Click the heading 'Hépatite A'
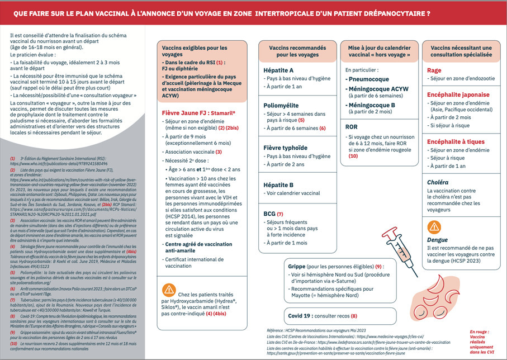(278, 70)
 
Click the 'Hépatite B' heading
(278, 184)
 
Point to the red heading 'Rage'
(434, 70)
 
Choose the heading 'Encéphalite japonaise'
(459, 95)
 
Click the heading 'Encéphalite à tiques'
(456, 141)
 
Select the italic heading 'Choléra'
(438, 182)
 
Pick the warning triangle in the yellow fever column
(169, 290)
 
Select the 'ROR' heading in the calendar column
(352, 127)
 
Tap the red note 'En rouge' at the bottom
(480, 331)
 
